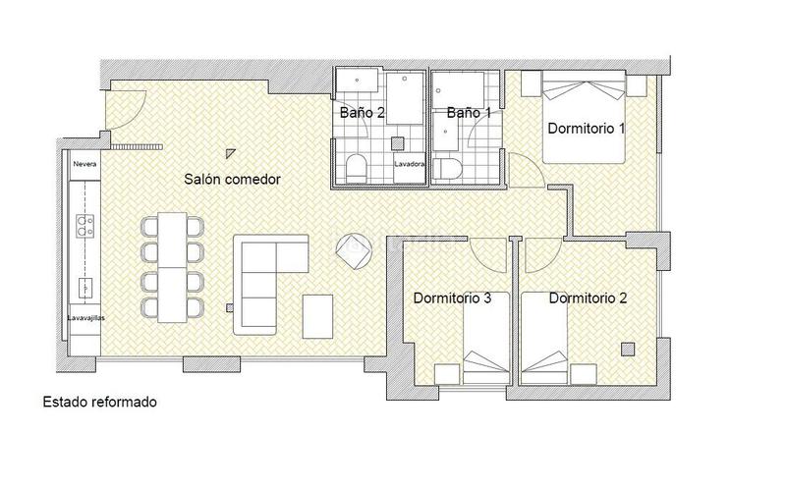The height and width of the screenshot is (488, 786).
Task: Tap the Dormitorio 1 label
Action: click(588, 129)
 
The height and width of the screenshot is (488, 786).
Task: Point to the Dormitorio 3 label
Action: click(452, 298)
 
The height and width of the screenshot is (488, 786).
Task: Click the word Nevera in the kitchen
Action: click(84, 165)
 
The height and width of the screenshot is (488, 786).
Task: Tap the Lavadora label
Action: click(410, 164)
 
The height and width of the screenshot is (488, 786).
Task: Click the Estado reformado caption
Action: click(99, 403)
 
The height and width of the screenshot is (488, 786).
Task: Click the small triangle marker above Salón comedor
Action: click(230, 152)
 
